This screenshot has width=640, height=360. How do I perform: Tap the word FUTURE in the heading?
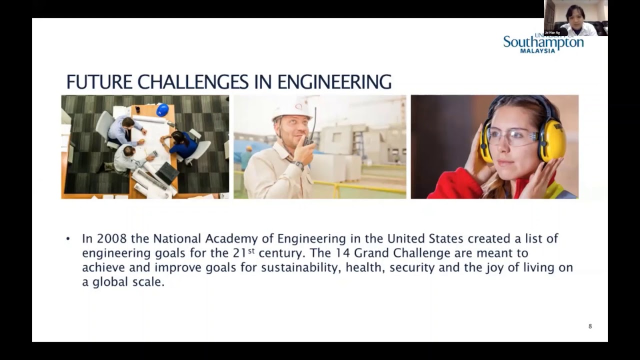(99, 82)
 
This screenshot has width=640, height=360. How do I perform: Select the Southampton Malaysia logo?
(543, 43)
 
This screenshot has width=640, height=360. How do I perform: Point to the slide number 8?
(590, 326)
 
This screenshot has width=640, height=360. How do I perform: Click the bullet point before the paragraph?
(68, 239)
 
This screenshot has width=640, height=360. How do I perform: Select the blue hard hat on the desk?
(162, 110)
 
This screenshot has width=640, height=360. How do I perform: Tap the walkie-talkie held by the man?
(311, 132)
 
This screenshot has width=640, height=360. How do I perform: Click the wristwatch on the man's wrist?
(299, 164)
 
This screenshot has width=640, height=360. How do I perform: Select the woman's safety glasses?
(511, 136)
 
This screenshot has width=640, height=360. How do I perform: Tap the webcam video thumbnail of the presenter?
(575, 18)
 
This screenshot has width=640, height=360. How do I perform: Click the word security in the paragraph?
(412, 267)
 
